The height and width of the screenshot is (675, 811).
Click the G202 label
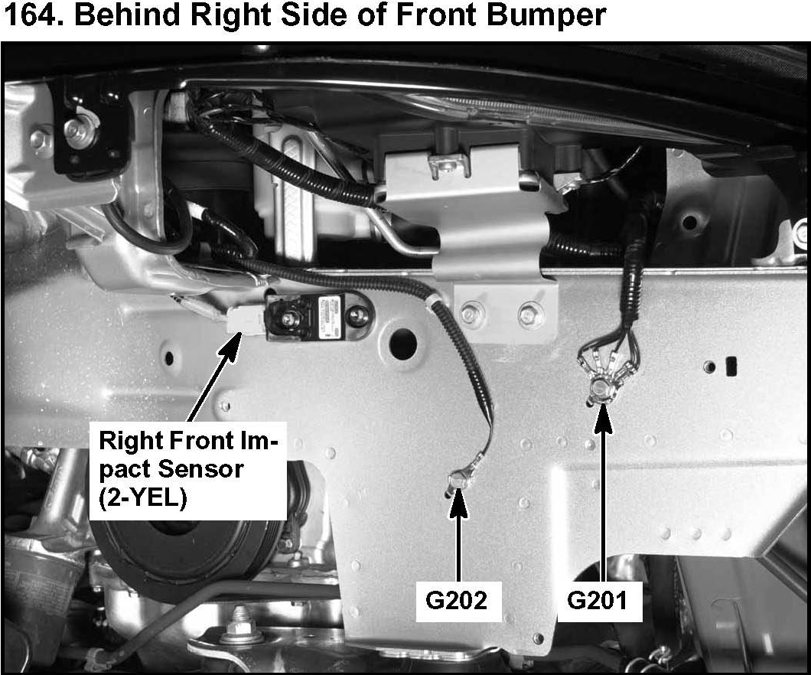(458, 601)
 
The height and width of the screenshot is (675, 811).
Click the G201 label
(598, 601)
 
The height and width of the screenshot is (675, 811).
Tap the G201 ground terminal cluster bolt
(601, 386)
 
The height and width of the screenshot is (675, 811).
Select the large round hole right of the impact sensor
(403, 341)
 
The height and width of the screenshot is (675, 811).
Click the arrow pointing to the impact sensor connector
(213, 377)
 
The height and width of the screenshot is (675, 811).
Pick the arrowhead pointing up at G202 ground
(458, 502)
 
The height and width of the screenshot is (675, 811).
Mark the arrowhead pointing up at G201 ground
(603, 418)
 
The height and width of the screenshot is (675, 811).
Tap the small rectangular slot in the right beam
(731, 366)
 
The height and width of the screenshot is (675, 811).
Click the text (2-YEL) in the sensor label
(142, 499)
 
